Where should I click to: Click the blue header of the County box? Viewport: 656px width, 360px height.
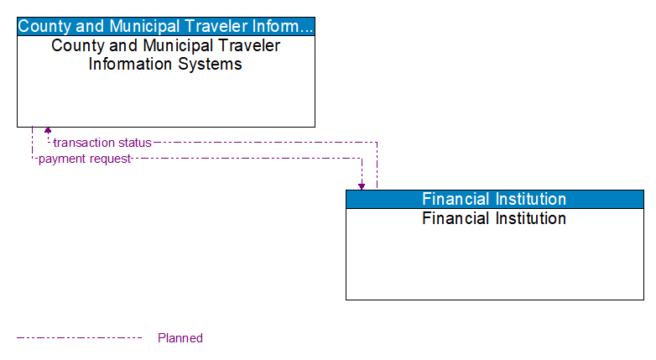166,26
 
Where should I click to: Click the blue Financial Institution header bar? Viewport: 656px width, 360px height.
494,199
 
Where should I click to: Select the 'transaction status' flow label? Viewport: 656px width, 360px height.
102,143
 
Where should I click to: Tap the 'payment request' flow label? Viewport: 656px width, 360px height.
85,159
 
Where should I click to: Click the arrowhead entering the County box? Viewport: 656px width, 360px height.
48,131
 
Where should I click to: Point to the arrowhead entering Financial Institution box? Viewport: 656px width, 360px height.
362,185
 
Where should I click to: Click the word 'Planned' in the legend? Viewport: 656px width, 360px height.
180,338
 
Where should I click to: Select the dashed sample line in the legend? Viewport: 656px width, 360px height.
80,338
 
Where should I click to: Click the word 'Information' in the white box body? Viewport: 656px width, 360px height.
128,64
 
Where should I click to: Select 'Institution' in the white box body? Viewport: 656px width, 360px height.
528,219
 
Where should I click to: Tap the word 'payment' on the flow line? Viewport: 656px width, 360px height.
60,159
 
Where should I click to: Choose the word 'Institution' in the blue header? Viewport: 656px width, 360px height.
528,199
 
